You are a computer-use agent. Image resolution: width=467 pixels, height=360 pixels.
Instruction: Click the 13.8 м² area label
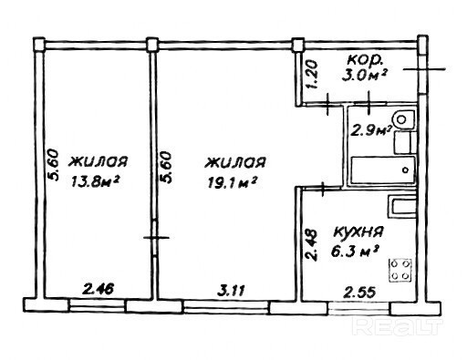[x=95, y=182]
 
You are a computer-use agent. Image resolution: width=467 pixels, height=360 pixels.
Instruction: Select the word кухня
[x=358, y=233]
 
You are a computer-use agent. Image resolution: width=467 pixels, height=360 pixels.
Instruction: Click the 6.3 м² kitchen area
[x=355, y=252]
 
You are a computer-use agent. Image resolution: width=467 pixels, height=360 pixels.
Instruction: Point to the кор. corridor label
[x=364, y=60]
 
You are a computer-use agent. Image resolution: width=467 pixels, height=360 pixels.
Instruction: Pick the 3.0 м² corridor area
[x=364, y=76]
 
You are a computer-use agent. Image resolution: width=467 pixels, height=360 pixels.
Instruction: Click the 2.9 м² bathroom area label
[x=370, y=130]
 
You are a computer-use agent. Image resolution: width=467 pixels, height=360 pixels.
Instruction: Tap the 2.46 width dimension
[x=99, y=289]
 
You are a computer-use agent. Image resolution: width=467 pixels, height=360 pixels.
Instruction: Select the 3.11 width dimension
[x=231, y=291]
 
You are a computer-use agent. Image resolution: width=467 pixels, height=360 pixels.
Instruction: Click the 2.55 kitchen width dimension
[x=359, y=293]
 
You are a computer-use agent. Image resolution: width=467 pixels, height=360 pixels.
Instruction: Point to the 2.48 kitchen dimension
[x=312, y=245]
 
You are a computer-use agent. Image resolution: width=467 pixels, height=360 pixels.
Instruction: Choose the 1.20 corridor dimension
[x=313, y=75]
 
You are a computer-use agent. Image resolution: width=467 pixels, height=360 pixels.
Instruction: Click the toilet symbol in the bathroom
[x=403, y=118]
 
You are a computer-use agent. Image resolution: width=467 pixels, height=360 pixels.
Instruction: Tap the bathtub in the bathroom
[x=383, y=170]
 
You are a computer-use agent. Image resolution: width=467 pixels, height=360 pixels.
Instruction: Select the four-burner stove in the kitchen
[x=400, y=270]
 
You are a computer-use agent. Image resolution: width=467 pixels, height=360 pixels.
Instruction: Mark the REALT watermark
[x=398, y=327]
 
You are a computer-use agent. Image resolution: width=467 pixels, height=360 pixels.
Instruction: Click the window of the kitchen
[x=359, y=309]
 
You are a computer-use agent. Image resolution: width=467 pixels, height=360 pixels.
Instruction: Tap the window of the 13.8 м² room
[x=98, y=305]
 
